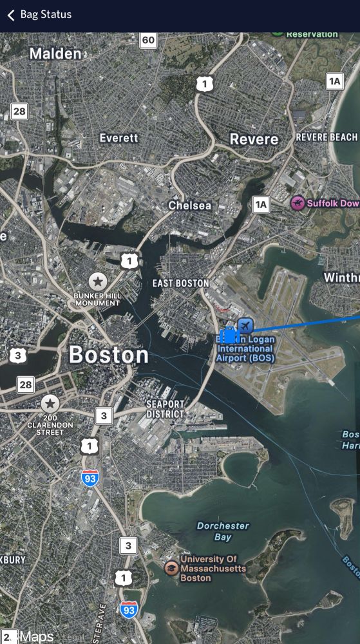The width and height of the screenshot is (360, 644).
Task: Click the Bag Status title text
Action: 46,15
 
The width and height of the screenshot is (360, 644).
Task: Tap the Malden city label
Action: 55,53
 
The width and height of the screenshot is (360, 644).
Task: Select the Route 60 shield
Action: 148,41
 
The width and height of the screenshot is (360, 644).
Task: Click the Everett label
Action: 119,138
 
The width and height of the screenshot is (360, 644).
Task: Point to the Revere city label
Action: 254,139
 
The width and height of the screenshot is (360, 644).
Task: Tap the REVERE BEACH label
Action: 327,137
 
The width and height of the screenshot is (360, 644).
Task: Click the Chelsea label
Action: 189,205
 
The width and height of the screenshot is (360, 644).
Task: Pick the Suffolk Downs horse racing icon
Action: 298,204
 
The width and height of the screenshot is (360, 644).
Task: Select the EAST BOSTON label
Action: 181,283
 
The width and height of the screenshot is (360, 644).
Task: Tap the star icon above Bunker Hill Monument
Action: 97,281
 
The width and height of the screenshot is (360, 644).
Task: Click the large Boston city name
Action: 108,355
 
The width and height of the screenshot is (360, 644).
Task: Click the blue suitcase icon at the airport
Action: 229,336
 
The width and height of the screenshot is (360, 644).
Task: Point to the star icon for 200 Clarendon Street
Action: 50,404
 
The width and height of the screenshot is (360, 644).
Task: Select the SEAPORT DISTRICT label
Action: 165,409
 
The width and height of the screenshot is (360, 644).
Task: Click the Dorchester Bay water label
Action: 223,531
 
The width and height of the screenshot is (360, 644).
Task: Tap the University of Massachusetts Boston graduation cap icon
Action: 171,567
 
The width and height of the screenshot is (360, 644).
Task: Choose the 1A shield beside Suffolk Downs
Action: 260,205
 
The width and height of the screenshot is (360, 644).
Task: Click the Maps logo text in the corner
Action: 35,636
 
